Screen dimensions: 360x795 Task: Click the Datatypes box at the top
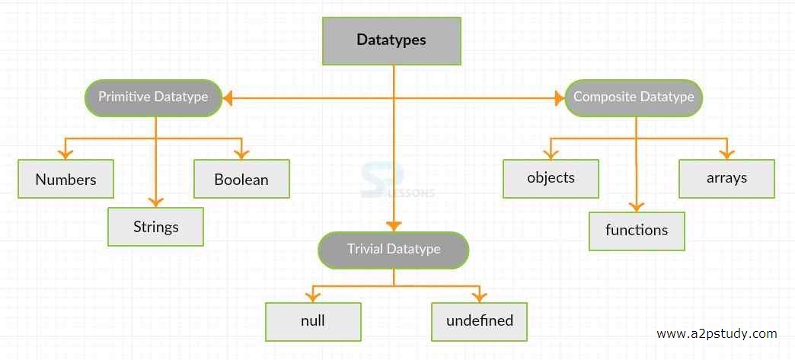pos(391,40)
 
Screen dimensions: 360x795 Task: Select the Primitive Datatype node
pos(153,97)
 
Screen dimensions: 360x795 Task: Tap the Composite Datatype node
pos(634,97)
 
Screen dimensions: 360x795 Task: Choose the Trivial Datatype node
pos(393,250)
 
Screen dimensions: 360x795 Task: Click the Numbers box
pos(65,180)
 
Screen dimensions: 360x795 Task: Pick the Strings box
pos(155,227)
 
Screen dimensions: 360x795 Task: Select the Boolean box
pos(241,180)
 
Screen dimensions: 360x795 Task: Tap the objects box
pos(551,178)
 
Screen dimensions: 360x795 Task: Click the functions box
pos(637,230)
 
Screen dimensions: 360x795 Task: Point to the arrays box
pos(726,178)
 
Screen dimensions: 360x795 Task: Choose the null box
pos(313,320)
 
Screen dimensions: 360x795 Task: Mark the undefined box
pos(479,320)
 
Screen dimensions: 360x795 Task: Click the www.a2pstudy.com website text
pos(717,333)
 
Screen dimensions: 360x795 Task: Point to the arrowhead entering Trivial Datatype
pos(394,225)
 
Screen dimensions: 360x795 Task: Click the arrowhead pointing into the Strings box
pos(155,202)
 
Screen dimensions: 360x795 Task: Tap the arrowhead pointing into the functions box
pos(637,205)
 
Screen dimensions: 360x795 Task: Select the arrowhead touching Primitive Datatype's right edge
pos(227,97)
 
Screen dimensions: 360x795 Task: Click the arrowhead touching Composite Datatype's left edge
pos(559,97)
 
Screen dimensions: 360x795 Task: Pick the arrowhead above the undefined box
pos(479,296)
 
